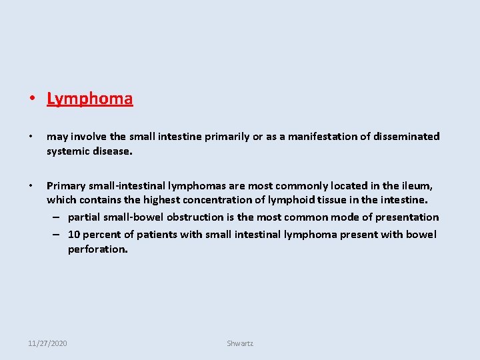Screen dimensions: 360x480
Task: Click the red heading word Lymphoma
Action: pyautogui.click(x=89, y=99)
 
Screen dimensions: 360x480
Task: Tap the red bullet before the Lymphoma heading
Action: pyautogui.click(x=31, y=99)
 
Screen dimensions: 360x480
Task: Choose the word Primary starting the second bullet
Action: pyautogui.click(x=67, y=187)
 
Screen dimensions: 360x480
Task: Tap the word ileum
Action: pyautogui.click(x=416, y=187)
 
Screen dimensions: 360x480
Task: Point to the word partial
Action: pyautogui.click(x=85, y=217)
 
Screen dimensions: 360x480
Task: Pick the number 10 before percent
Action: pyautogui.click(x=74, y=234)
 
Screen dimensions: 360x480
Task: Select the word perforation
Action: pyautogui.click(x=97, y=249)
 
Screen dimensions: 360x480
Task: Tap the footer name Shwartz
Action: pyautogui.click(x=240, y=343)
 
